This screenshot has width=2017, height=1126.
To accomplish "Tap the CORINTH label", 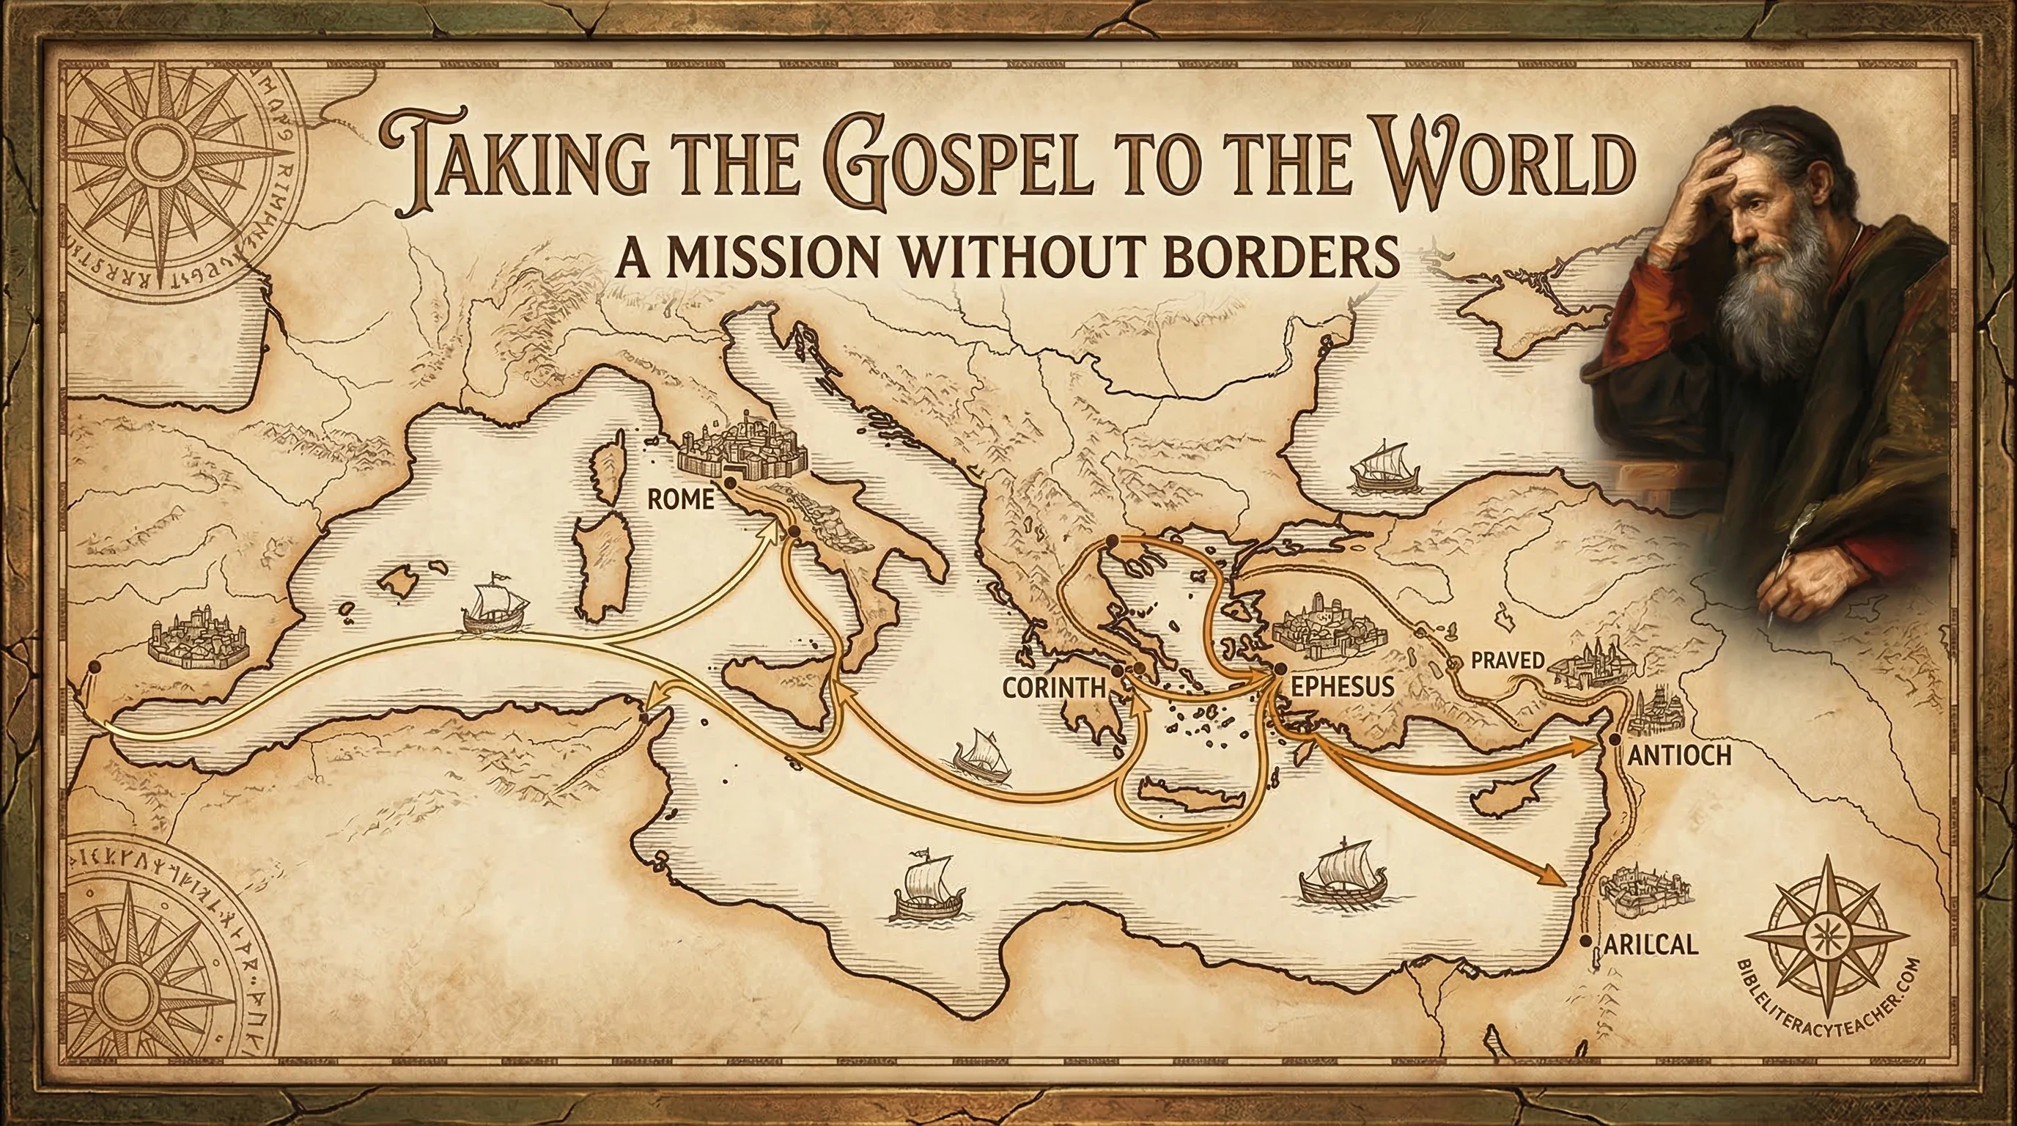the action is (x=1053, y=688).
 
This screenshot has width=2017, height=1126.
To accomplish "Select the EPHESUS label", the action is (x=1341, y=687).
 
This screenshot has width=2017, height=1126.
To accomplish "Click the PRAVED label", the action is (x=1508, y=660).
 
